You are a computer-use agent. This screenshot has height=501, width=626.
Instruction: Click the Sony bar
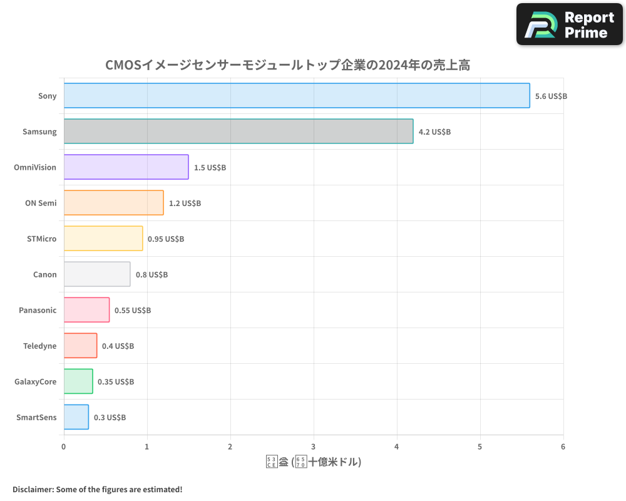[x=297, y=96]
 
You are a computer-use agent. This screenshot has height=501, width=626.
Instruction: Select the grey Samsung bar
[x=239, y=132]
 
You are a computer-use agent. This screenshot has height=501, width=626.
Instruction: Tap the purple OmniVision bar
[x=126, y=167]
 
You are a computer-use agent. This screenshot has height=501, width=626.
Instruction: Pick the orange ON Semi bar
[x=113, y=203]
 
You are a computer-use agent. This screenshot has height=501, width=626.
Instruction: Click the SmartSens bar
[x=76, y=417]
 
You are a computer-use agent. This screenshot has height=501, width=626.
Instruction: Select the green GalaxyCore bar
[x=78, y=381]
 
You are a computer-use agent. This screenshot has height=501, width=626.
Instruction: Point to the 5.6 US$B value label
[x=551, y=96]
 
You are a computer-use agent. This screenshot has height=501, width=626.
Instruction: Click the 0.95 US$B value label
[x=166, y=239]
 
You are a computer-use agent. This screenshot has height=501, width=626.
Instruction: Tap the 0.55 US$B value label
[x=133, y=311]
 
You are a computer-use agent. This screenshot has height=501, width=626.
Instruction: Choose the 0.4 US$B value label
[x=118, y=346]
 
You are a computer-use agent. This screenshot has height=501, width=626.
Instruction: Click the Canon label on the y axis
[x=44, y=274]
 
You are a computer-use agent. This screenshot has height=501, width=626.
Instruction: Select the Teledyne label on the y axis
[x=39, y=346]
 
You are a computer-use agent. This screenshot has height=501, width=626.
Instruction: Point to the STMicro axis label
[x=41, y=239]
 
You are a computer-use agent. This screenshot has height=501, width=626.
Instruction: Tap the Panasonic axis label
[x=38, y=310]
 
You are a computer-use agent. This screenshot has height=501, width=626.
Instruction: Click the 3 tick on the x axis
[x=314, y=447]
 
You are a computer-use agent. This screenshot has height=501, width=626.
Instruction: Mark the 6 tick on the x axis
[x=563, y=447]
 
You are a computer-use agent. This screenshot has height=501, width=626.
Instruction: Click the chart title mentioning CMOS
[x=287, y=65]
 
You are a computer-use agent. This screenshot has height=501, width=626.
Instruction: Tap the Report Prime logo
[x=569, y=24]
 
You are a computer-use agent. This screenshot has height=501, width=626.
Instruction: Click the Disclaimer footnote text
[x=97, y=489]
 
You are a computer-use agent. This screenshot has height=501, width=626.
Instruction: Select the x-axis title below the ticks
[x=314, y=462]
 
